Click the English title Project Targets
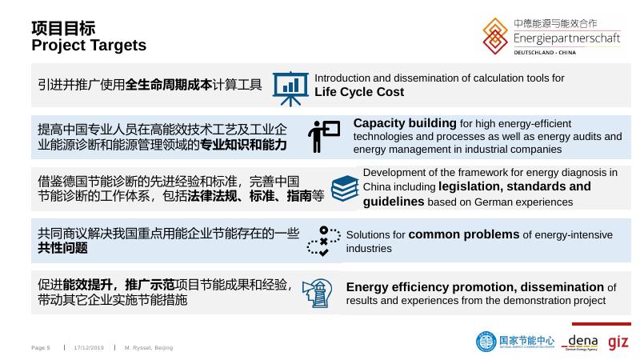[89, 45]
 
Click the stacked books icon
[344, 189]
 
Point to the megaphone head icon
[318, 294]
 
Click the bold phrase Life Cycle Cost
[358, 92]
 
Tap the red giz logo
[618, 341]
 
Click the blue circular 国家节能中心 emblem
[486, 342]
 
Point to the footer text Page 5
[41, 348]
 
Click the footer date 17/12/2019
[89, 348]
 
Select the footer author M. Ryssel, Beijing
[149, 348]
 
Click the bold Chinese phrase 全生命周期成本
[169, 84]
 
